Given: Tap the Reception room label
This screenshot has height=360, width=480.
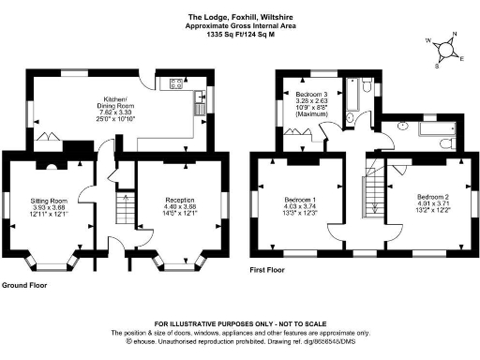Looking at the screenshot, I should pos(180,200).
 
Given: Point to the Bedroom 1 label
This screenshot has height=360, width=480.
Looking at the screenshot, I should pos(300,200).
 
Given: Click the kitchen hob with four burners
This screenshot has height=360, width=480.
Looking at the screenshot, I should pos(175,84).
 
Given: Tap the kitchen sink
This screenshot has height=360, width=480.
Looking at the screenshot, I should pos(202,104).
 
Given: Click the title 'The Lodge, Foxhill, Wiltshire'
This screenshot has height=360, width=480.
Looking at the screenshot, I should pos(239,16).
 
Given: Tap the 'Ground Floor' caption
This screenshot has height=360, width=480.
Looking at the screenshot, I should pos(25,283).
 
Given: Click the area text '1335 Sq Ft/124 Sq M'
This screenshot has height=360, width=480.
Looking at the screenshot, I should pos(239,35).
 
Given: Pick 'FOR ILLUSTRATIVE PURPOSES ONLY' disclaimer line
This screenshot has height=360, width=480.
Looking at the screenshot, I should pos(239,322).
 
